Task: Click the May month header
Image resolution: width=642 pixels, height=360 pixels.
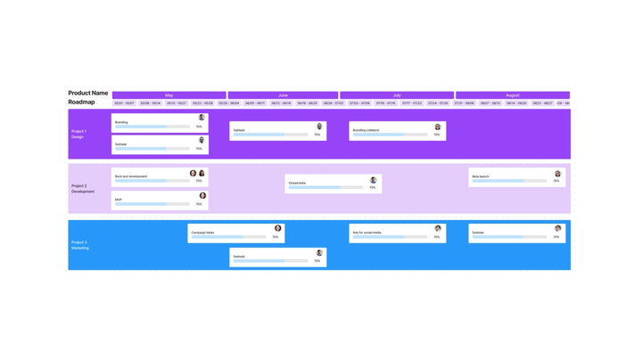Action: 169,95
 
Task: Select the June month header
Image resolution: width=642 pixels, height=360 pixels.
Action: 283,95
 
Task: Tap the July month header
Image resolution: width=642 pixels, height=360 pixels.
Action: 397,95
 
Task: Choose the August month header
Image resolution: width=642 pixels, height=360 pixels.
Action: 512,95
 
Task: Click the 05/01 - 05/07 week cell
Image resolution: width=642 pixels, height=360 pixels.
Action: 125,103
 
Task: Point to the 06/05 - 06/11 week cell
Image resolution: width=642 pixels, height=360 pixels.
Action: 255,103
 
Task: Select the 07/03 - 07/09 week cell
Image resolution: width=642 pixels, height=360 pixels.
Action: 359,103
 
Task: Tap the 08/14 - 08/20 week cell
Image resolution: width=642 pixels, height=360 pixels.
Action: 516,103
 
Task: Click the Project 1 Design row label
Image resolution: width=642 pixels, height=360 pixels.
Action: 79,134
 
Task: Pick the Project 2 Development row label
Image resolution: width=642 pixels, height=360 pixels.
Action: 83,189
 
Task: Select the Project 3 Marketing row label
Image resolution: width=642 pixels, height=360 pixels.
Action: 80,245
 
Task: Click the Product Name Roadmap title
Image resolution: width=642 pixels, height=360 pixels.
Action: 87,97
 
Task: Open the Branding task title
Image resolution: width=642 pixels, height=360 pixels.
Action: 121,122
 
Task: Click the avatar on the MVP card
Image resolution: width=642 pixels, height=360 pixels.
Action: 202,196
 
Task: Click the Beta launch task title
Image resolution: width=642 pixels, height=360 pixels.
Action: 481,176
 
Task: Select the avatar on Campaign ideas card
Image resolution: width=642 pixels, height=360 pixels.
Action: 278,229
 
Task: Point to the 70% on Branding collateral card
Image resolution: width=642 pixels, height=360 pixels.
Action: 437,135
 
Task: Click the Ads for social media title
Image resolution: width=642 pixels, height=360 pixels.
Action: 366,233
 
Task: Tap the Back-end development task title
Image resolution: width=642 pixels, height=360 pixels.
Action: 131,176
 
